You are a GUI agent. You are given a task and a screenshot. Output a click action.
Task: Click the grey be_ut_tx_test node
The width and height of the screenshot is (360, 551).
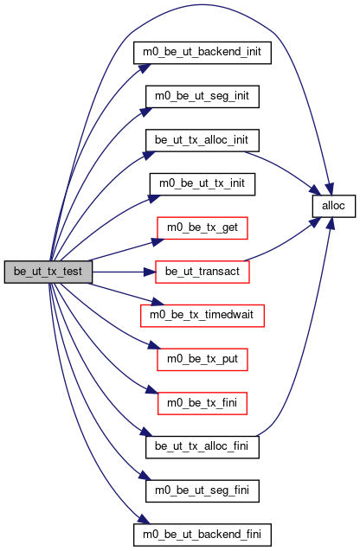point(48,272)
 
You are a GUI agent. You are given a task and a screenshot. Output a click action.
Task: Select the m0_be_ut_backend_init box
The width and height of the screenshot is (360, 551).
point(202,53)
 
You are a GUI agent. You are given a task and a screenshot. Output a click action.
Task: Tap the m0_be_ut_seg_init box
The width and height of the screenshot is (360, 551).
point(202,97)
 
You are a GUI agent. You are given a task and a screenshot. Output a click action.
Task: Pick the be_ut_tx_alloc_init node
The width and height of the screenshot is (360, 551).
point(202,140)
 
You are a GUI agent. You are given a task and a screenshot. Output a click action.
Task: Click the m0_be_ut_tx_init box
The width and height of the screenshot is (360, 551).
point(202,184)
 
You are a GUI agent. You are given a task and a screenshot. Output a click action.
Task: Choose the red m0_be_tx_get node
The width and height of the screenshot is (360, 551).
point(202,228)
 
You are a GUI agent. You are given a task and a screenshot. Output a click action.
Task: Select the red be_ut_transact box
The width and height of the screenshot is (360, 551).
point(202,272)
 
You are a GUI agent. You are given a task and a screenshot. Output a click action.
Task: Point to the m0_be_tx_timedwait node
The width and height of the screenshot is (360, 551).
point(202,316)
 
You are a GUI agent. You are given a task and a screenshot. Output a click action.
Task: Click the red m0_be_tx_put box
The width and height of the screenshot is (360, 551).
point(202,360)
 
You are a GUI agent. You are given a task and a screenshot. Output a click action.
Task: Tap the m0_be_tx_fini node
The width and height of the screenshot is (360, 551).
point(202,403)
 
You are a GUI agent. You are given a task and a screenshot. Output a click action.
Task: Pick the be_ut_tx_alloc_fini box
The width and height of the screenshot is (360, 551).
point(202,447)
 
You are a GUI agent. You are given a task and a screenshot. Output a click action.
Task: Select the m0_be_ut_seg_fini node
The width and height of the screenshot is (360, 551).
point(202,491)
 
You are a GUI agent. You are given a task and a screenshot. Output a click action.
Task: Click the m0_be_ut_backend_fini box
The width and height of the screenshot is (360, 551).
point(202,535)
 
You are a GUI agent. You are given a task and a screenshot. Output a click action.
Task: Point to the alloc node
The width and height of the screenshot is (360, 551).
point(334,206)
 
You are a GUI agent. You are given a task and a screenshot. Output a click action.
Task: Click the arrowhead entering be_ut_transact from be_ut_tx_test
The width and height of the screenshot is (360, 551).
point(150,272)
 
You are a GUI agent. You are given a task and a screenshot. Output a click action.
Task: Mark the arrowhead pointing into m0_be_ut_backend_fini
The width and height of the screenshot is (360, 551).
point(145,519)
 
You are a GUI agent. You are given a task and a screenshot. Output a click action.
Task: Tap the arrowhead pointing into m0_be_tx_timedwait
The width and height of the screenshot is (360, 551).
point(158,302)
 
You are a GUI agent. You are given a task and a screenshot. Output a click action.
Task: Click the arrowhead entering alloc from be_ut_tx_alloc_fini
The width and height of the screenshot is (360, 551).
point(330,223)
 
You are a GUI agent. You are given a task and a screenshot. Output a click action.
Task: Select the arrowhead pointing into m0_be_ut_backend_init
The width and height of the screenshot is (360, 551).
point(145,68)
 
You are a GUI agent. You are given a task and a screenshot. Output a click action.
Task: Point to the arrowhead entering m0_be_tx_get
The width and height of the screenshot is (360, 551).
point(158,242)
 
